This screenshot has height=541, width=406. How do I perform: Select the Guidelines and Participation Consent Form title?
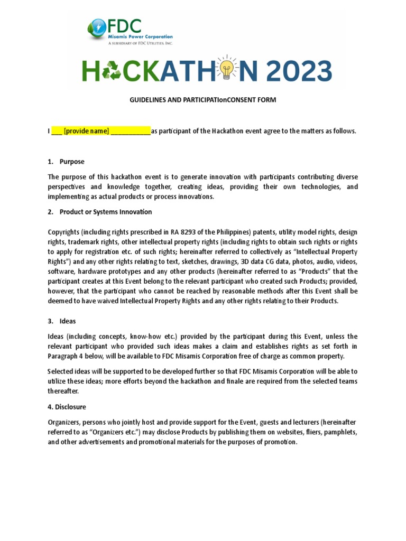point(202,100)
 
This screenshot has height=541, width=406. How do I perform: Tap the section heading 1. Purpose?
point(66,162)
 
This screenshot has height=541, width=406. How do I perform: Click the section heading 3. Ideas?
point(62,321)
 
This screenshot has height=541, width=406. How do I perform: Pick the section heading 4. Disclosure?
point(67,407)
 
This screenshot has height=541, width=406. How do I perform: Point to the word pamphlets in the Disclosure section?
point(337,432)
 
